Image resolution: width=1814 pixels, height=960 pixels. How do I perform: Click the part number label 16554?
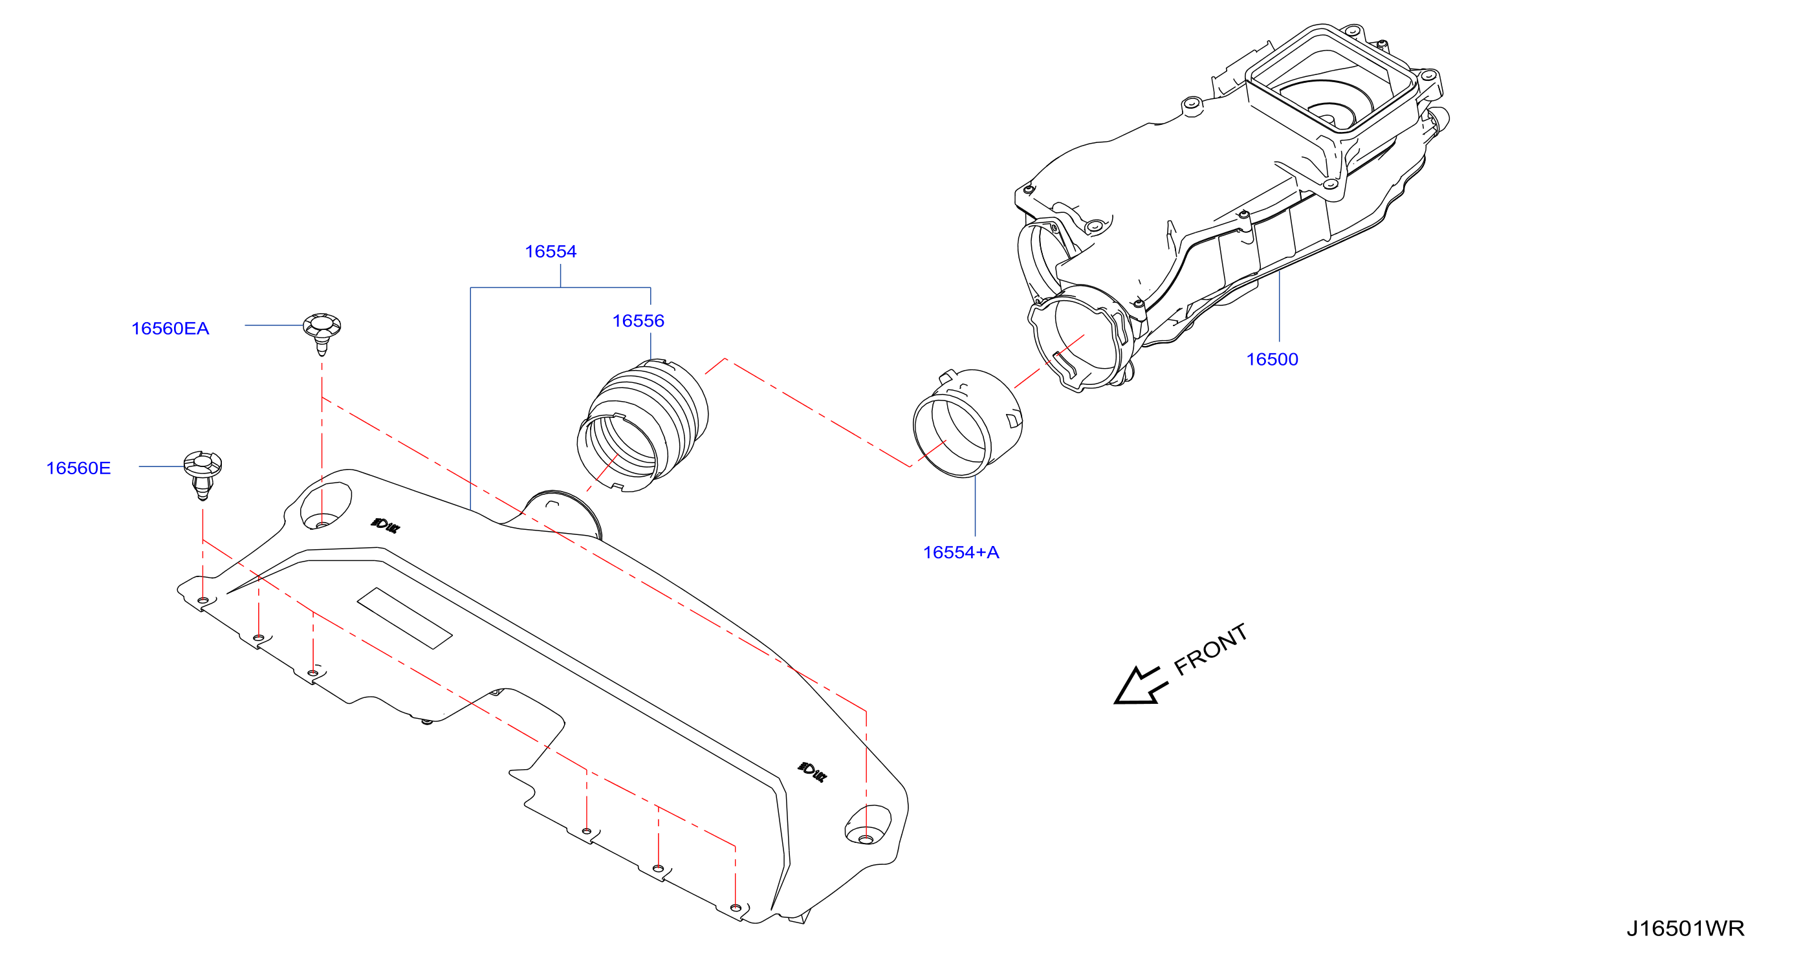(x=551, y=252)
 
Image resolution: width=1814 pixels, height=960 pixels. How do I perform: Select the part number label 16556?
(x=638, y=321)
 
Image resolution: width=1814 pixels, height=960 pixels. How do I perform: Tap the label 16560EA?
(x=170, y=328)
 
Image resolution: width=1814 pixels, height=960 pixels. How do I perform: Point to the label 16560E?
(x=78, y=468)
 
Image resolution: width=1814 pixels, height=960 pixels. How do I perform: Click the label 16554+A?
(x=961, y=552)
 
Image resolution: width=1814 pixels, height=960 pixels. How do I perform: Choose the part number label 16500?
(x=1272, y=359)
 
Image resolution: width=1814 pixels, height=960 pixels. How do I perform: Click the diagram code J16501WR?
(x=1685, y=928)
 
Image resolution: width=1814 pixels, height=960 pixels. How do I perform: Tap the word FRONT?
(x=1211, y=649)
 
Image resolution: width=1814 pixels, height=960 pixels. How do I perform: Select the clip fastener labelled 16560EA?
(x=322, y=333)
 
